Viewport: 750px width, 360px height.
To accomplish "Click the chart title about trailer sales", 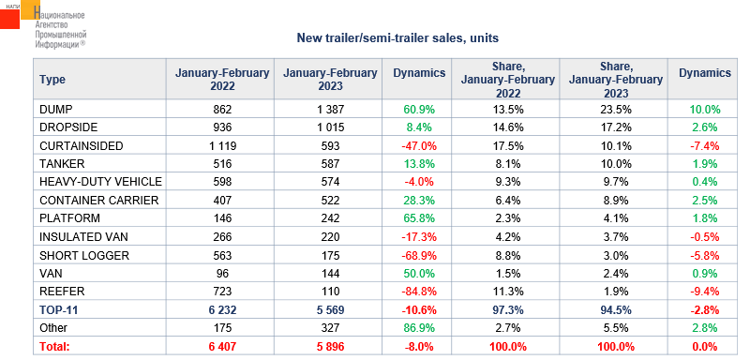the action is [x=397, y=38].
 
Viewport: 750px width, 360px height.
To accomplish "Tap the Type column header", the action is [x=52, y=80].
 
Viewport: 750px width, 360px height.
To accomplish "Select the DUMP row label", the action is [x=56, y=110].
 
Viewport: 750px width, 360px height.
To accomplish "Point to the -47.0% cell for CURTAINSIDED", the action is [x=417, y=146].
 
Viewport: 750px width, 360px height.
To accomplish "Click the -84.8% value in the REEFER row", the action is [x=417, y=292].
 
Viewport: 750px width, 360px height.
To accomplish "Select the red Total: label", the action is [x=54, y=347].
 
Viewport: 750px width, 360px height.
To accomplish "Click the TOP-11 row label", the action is [x=59, y=310].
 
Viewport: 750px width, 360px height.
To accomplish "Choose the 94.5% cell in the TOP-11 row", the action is [x=614, y=310].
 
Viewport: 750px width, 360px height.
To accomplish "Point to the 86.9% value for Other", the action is [x=417, y=328].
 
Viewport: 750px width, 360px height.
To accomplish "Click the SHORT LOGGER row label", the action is [x=84, y=255].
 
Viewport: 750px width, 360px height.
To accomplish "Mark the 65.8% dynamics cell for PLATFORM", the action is [x=417, y=218].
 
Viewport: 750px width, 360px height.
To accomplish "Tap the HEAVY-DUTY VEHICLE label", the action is [x=100, y=182].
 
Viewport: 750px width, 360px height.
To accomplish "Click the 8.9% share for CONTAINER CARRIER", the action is [x=614, y=201].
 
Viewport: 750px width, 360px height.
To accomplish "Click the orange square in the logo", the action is [x=31, y=9].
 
